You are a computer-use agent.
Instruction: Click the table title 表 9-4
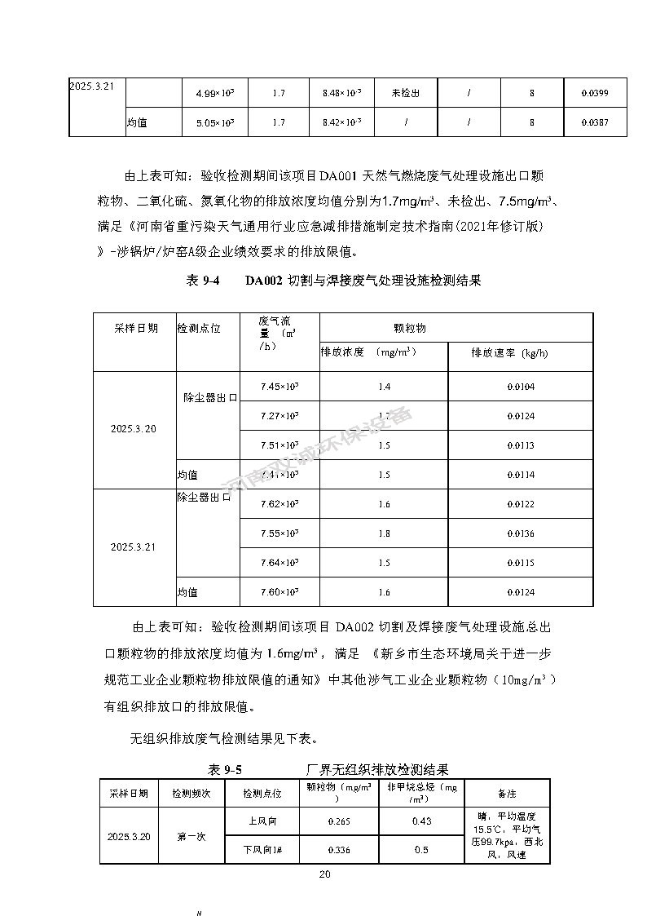[x=204, y=281]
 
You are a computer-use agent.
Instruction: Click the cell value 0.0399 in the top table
[x=595, y=94]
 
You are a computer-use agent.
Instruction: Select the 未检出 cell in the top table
[x=405, y=94]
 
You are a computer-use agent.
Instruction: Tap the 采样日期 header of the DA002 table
[x=135, y=328]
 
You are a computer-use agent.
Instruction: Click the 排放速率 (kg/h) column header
[x=509, y=354]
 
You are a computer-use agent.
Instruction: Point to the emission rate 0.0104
[x=520, y=387]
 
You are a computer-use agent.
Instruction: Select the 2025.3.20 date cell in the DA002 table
[x=134, y=429]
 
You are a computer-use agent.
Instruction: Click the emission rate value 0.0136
[x=520, y=533]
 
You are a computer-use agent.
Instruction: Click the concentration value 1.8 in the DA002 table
[x=384, y=533]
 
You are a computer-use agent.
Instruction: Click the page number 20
[x=324, y=874]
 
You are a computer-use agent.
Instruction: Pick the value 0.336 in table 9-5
[x=339, y=850]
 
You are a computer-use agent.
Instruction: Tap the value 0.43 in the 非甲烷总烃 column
[x=421, y=821]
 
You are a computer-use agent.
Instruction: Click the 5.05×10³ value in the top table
[x=215, y=123]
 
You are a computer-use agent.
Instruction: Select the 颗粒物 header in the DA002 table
[x=409, y=328]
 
